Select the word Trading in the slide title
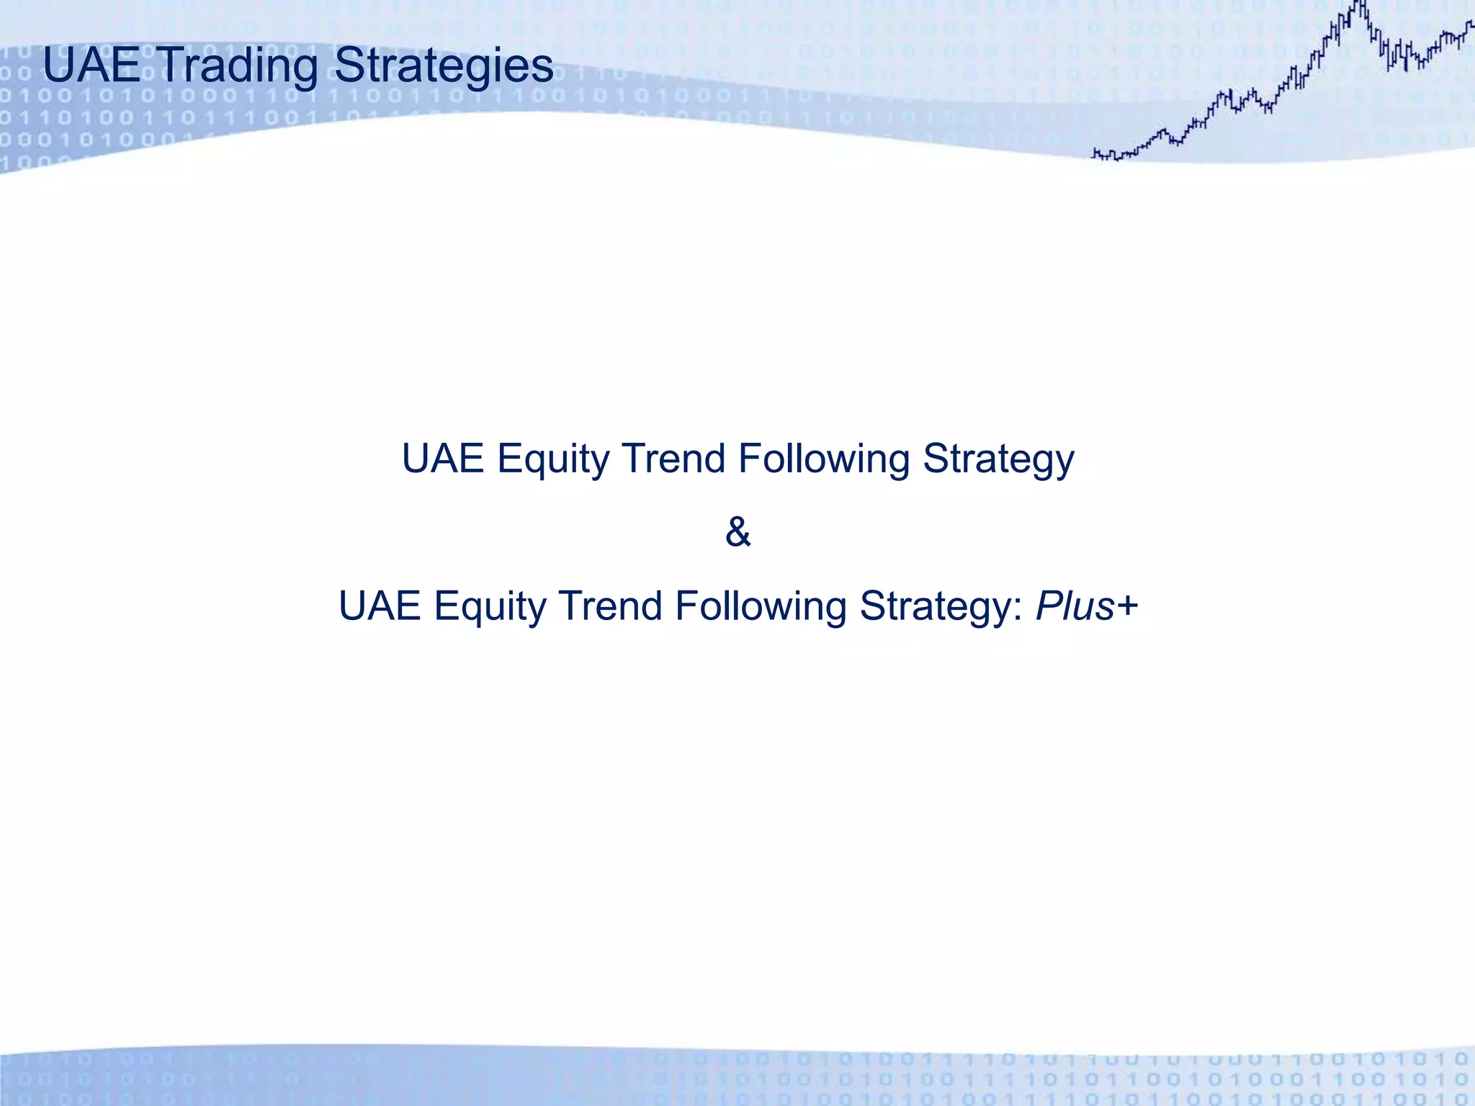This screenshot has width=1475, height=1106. tap(238, 66)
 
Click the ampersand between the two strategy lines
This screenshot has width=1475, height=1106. tap(737, 533)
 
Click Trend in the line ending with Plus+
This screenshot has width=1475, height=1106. tap(610, 606)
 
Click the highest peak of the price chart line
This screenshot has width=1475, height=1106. tap(1360, 4)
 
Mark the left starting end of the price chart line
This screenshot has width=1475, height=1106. tap(1094, 153)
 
